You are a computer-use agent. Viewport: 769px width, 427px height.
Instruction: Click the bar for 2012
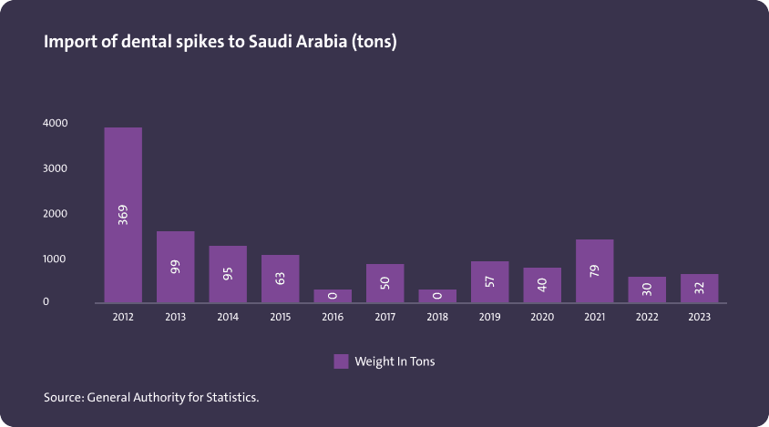click(x=123, y=215)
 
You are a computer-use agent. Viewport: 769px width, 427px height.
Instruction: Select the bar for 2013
click(x=175, y=267)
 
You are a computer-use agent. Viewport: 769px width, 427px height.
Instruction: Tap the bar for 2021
click(x=594, y=270)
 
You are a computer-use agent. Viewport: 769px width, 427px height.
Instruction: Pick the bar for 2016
click(x=333, y=296)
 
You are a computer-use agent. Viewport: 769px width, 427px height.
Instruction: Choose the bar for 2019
click(x=489, y=281)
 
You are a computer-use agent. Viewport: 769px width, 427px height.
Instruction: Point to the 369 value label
click(x=123, y=215)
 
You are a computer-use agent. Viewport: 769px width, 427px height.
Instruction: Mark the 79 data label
click(x=594, y=271)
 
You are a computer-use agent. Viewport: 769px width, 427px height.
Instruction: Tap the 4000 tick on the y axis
click(x=56, y=123)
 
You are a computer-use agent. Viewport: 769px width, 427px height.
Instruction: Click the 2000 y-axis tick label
click(x=56, y=214)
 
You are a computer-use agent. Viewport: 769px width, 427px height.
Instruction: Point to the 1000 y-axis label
click(x=56, y=259)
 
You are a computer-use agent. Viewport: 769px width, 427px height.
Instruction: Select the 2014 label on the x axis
click(x=228, y=318)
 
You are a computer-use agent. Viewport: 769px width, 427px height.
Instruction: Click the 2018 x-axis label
click(x=437, y=318)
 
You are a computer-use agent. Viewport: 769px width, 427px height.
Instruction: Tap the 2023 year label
click(x=700, y=318)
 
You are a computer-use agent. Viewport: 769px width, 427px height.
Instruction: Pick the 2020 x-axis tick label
click(x=542, y=318)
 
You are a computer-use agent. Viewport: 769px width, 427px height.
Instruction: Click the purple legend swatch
click(x=341, y=361)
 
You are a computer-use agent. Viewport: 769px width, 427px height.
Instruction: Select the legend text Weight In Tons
click(x=395, y=361)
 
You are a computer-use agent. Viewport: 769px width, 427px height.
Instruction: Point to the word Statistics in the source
click(x=231, y=397)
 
